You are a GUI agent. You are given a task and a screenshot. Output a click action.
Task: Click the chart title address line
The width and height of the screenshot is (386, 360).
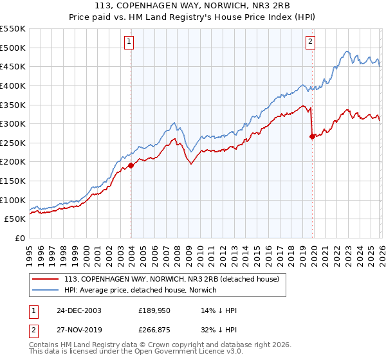point(193,7)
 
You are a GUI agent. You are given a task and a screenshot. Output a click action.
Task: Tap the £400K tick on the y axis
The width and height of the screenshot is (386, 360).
point(13,85)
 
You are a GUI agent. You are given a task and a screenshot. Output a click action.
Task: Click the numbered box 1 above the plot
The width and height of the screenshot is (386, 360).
point(129,42)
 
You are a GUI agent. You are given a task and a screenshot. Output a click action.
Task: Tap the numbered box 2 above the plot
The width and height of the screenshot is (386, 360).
point(310,42)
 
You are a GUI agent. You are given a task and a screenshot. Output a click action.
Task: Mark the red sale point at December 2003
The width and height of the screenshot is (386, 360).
point(131,165)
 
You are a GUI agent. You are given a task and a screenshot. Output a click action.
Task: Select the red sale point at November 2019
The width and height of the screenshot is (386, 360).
point(312,136)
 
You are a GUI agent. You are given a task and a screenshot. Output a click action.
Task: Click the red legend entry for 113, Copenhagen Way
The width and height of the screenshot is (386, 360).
point(171,279)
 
